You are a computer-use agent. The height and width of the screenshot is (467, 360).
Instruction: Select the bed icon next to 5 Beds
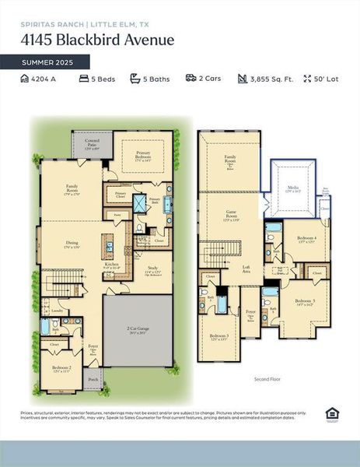point(83,79)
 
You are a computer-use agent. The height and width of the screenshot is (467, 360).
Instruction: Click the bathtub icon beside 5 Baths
point(135,79)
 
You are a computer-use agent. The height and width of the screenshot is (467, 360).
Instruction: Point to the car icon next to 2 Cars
point(190,79)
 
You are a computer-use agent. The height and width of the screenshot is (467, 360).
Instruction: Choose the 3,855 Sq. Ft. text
point(272,79)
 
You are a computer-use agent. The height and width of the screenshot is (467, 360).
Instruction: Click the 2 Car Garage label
point(138,329)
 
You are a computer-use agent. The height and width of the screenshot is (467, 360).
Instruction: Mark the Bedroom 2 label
point(61,368)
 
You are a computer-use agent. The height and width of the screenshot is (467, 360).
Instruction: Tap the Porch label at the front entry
point(93,382)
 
